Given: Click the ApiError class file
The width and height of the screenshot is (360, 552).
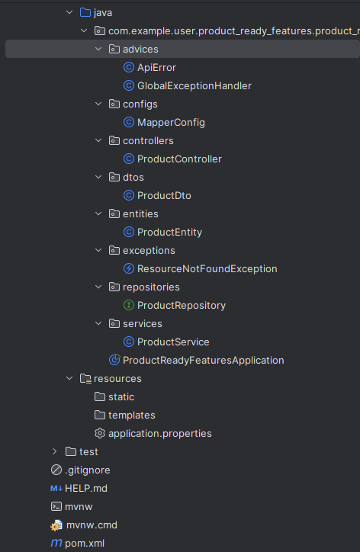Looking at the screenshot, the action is [156, 67].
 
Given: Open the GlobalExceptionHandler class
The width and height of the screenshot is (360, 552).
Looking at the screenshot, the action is [194, 85].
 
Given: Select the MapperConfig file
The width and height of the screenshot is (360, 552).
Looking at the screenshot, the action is [171, 122].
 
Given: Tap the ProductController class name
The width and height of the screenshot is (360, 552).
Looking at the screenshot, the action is [179, 159].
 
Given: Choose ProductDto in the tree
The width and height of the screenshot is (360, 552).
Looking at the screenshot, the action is [164, 195].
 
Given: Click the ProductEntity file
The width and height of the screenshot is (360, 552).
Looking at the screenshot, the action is [169, 232].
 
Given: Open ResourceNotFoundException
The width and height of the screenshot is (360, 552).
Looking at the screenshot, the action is [207, 268].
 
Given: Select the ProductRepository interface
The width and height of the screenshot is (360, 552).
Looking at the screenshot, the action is [182, 305].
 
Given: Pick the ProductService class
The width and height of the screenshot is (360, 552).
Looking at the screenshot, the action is [173, 342].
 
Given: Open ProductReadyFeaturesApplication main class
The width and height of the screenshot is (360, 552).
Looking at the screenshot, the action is [203, 360].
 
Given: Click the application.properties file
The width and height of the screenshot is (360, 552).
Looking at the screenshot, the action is [160, 433].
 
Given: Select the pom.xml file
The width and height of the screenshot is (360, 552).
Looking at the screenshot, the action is [85, 543].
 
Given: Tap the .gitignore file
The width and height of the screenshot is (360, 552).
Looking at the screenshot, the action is [88, 470].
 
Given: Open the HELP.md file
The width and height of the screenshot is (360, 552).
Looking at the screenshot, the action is [86, 488].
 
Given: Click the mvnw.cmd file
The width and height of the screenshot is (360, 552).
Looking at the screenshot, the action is [92, 525].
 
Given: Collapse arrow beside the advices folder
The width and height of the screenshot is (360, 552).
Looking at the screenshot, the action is [98, 49].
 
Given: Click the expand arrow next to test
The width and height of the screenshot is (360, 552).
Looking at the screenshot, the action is [55, 451].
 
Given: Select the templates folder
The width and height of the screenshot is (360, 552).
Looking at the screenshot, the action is [132, 415].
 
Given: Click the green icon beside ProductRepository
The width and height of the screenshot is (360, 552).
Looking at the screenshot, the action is [129, 305].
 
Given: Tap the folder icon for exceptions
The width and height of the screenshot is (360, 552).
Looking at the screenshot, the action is [114, 250].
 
